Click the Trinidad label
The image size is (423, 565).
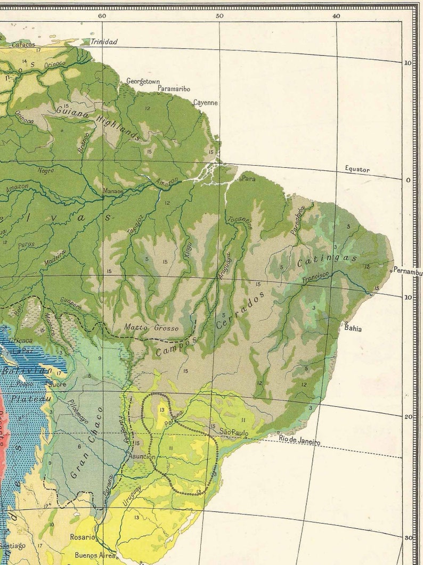pyautogui.click(x=104, y=42)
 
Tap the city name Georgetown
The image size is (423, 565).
pyautogui.click(x=143, y=81)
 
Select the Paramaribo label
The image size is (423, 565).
pyautogui.click(x=174, y=89)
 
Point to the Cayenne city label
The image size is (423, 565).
pyautogui.click(x=205, y=102)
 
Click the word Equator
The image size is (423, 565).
pyautogui.click(x=357, y=169)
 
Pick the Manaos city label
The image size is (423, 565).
pyautogui.click(x=113, y=191)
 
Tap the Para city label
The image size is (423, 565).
pyautogui.click(x=249, y=179)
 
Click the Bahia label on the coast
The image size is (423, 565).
pyautogui.click(x=353, y=329)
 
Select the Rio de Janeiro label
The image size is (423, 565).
pyautogui.click(x=300, y=441)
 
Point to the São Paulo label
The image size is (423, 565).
pyautogui.click(x=234, y=433)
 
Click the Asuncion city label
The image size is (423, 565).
pyautogui.click(x=142, y=457)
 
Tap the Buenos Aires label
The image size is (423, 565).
pyautogui.click(x=95, y=555)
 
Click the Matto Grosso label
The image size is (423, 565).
pyautogui.click(x=151, y=327)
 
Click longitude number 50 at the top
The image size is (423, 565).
pyautogui.click(x=219, y=16)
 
